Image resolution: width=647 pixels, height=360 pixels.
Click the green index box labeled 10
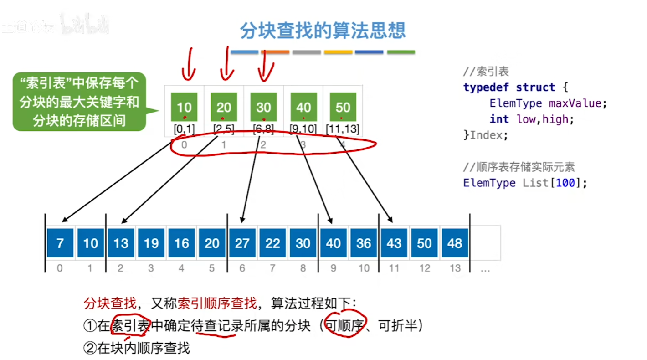pos(184,107)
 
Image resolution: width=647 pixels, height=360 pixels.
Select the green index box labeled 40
pos(303,107)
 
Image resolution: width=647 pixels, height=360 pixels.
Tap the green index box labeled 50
pos(343,107)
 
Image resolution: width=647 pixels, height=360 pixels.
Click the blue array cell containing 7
pos(60,243)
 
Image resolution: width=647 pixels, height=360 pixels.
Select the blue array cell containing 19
pos(151,243)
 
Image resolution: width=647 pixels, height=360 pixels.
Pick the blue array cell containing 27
pos(242,243)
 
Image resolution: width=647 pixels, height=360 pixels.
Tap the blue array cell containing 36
pos(364,243)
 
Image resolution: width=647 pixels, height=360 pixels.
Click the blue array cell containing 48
pos(455,243)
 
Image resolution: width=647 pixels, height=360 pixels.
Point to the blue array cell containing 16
pos(181,243)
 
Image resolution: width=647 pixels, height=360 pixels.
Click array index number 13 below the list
pos(455,268)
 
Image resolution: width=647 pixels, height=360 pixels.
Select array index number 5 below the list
pos(211,268)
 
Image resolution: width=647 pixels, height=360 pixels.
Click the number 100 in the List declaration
pos(562,183)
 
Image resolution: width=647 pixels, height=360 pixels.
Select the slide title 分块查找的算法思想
pos(323,31)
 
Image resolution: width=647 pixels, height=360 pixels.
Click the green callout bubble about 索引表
pos(79,102)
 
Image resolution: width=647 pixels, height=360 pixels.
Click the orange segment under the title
pos(275,52)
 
